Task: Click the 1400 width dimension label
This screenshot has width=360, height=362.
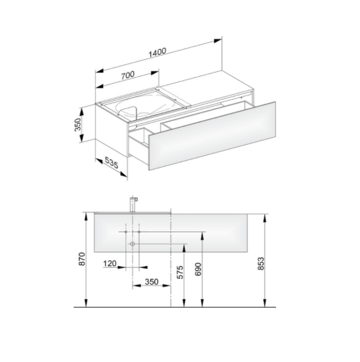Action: pos(157,53)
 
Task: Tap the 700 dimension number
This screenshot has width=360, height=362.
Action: pos(127,75)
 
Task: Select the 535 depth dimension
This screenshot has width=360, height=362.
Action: pos(111,162)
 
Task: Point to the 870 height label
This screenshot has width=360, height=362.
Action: pos(83,259)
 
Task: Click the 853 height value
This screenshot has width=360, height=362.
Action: pos(261,264)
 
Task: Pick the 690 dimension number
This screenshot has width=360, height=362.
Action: pos(198,269)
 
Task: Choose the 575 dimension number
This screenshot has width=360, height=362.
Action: pos(180,272)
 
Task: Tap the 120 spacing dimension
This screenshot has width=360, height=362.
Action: pos(110,264)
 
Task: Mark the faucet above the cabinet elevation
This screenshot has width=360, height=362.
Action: pos(133,205)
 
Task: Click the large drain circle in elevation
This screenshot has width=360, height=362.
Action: pos(132,244)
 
